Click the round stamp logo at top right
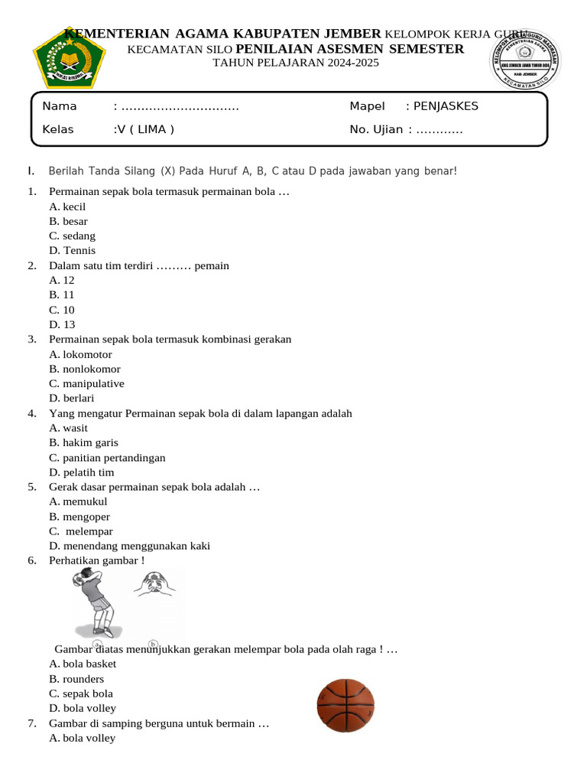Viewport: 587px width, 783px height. coord(524,60)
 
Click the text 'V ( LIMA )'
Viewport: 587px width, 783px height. coord(144,129)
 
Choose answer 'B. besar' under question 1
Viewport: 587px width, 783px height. coord(68,221)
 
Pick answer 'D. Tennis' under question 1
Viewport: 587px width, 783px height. coord(72,250)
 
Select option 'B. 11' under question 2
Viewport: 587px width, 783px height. coord(62,294)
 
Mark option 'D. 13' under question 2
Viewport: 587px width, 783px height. coord(62,324)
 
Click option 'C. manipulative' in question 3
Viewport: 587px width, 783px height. coord(86,383)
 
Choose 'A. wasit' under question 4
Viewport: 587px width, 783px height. coord(68,427)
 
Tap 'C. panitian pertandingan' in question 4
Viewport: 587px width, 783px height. coord(107,457)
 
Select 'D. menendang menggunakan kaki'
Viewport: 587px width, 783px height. coord(129,545)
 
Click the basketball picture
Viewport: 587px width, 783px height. coord(346,706)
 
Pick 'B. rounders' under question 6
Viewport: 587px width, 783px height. coord(76,678)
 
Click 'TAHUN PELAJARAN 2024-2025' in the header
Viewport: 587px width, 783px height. coord(295,63)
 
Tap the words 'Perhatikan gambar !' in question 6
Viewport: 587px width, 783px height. coord(96,560)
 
